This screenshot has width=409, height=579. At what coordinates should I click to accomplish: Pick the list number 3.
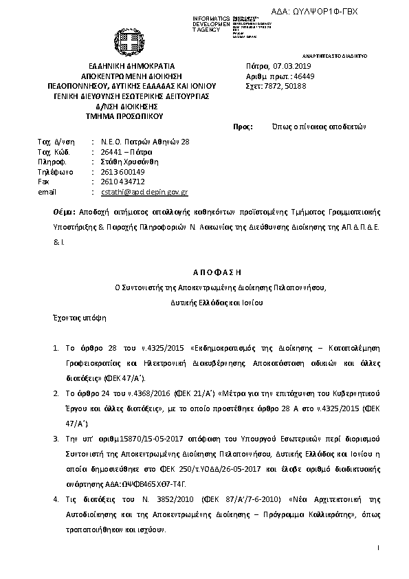coord(56,437)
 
